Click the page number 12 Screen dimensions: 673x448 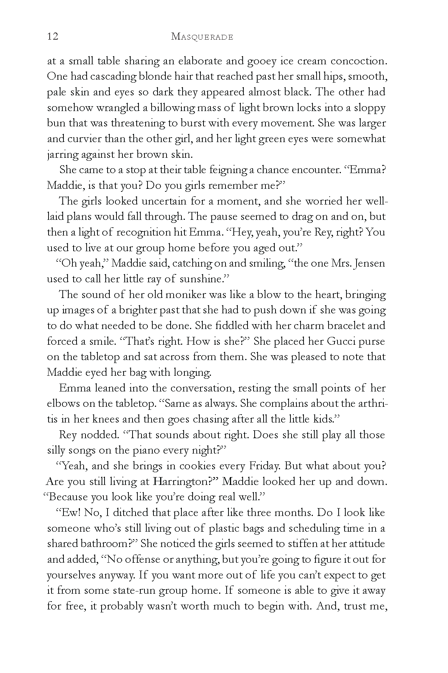tap(53, 37)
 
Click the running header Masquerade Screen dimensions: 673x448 tap(202, 37)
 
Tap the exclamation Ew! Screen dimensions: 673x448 tap(68, 513)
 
